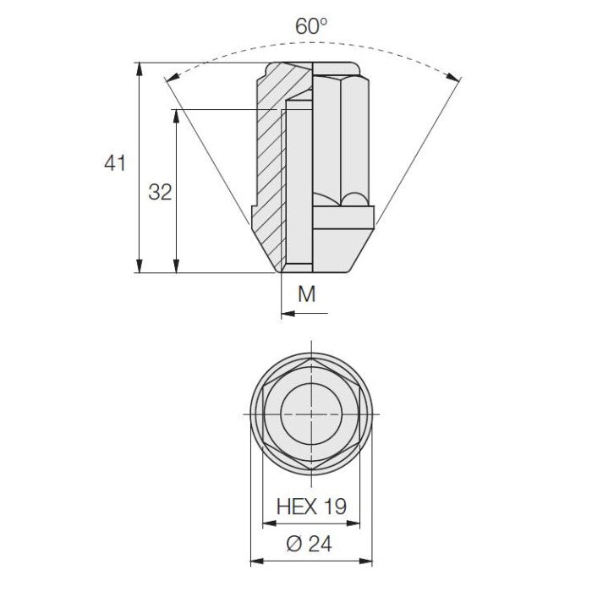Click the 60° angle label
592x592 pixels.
pos(311,25)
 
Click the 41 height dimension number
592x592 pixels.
pos(115,163)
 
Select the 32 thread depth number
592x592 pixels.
pos(160,192)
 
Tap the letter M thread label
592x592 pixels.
pos(306,293)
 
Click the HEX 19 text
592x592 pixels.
pos(311,507)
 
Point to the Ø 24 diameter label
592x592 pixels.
pos(310,544)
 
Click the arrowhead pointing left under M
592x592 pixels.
pos(288,313)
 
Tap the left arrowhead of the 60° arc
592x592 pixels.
pos(172,77)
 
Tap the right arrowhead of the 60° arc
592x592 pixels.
pos(453,77)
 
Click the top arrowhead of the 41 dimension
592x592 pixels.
pos(140,69)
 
